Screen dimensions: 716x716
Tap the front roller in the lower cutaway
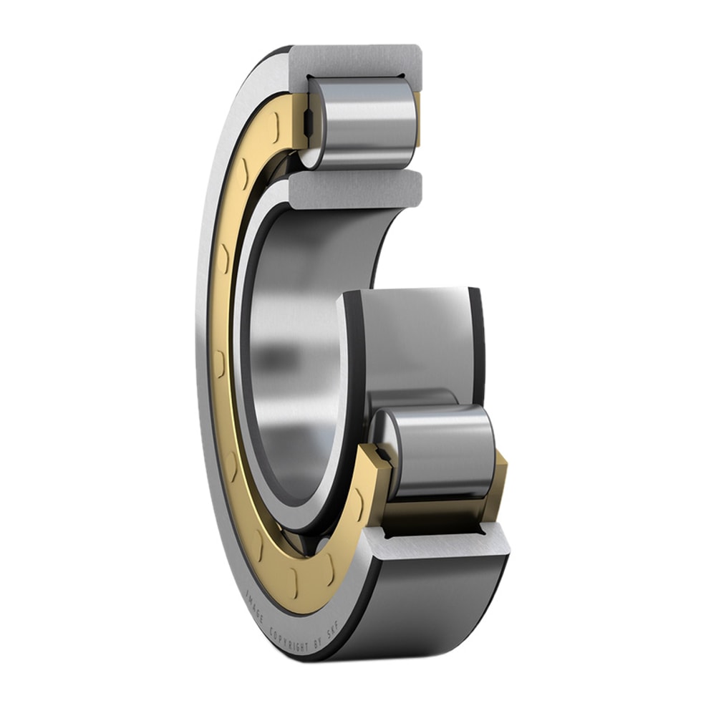pos(440,451)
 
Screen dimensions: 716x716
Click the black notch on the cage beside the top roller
pos(307,124)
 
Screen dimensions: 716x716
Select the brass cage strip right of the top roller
pos(417,118)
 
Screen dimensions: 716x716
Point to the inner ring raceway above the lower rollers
pos(415,337)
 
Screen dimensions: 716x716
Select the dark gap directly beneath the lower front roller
pos(430,528)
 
